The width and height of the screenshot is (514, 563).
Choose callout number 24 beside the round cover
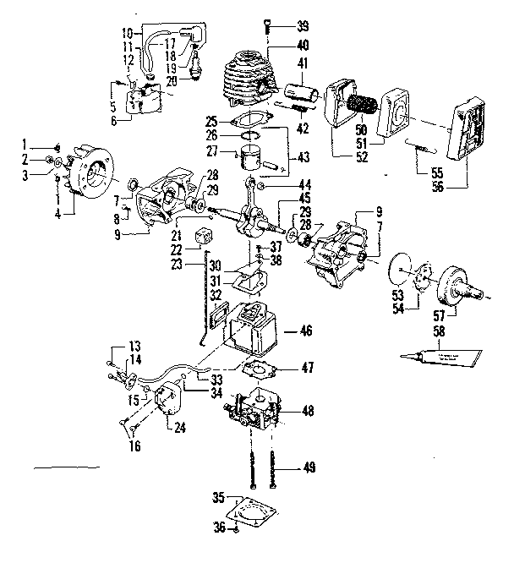tap(179, 425)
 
